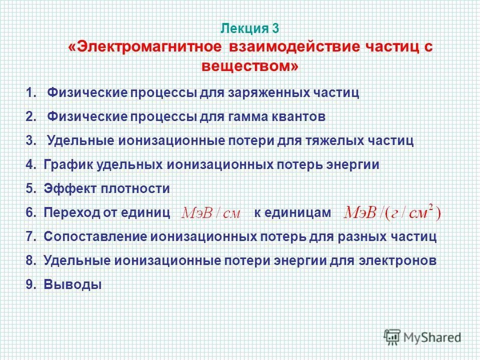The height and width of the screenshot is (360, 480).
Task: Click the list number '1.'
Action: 31,93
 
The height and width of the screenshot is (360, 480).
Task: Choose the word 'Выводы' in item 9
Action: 72,285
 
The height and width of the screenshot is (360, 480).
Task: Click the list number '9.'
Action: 31,285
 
